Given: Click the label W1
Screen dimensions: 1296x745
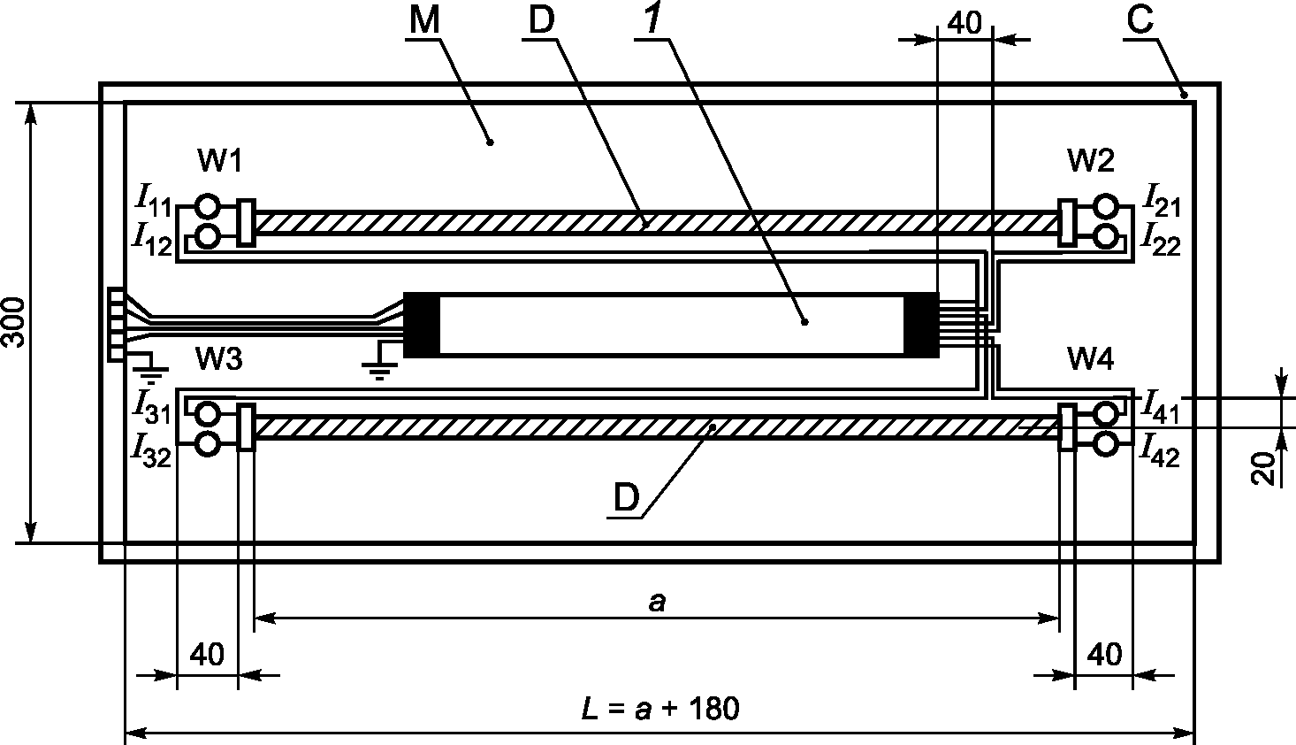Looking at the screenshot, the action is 220,160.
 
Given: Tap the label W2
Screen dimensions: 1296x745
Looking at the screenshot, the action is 1091,160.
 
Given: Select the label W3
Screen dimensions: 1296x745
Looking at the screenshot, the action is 219,359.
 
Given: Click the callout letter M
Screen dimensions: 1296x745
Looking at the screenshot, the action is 424,21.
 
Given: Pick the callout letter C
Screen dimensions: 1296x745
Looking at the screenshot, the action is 1140,21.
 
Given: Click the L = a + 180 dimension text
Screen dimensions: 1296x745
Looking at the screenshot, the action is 660,709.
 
